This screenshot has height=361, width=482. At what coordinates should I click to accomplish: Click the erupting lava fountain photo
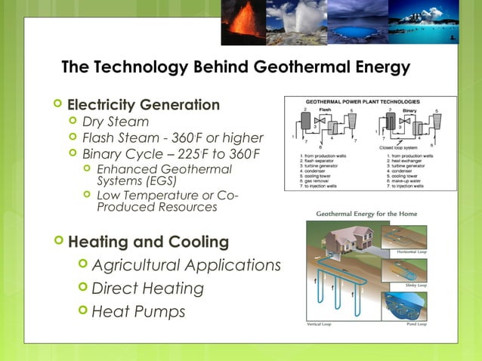pos(243,22)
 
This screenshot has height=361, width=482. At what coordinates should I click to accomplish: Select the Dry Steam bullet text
pos(115,122)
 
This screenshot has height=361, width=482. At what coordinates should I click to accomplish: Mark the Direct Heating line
pos(147,288)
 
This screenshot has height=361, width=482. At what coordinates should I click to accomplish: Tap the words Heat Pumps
pos(137,311)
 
